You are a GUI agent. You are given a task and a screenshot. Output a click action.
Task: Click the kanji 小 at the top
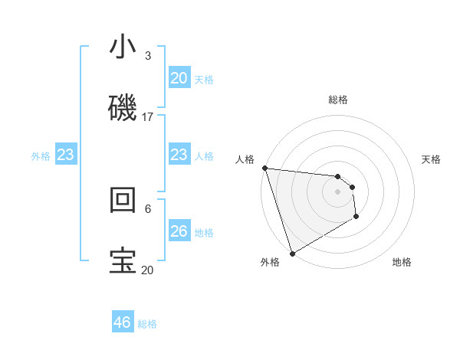(x=123, y=47)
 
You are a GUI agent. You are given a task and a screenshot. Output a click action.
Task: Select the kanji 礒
(x=123, y=107)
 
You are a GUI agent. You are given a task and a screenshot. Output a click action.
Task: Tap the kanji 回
(x=123, y=199)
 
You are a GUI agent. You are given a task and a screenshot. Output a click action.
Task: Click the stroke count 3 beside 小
(x=147, y=55)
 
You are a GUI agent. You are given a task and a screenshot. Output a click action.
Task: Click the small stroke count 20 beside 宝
(x=147, y=270)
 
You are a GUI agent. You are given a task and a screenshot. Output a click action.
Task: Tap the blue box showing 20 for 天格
(x=179, y=77)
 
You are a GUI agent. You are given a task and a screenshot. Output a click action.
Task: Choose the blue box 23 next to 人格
(x=179, y=155)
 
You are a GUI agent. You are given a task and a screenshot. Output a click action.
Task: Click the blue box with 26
(x=179, y=231)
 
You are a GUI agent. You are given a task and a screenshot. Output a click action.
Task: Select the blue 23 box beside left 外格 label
(x=65, y=155)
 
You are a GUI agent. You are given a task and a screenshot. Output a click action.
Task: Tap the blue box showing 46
(x=123, y=322)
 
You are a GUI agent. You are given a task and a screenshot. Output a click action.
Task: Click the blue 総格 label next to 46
(x=147, y=324)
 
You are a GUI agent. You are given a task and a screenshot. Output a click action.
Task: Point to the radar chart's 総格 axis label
(x=338, y=100)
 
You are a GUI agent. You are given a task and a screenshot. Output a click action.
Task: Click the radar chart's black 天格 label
(x=432, y=159)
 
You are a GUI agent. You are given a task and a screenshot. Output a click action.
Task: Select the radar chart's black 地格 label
(x=402, y=262)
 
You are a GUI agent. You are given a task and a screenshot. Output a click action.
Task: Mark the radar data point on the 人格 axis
(x=264, y=168)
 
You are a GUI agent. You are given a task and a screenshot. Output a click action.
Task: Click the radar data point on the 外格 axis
(x=292, y=253)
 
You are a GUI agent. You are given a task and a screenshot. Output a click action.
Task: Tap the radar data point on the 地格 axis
(x=356, y=218)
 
